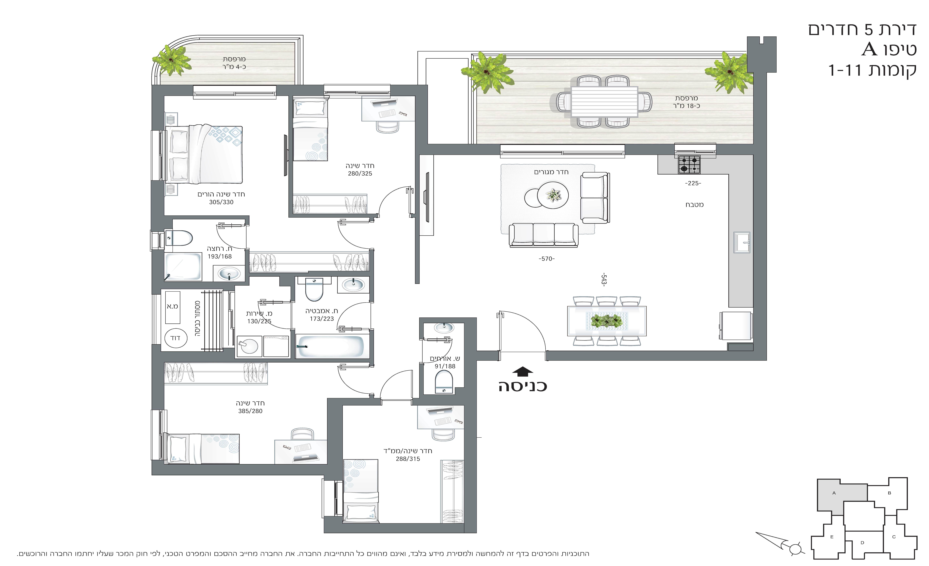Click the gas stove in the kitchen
click(x=689, y=164)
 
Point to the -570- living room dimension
click(x=547, y=259)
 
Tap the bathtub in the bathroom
click(x=330, y=346)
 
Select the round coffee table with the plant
click(x=553, y=195)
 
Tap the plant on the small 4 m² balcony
click(x=171, y=60)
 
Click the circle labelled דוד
click(x=175, y=338)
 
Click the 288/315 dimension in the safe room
click(x=408, y=459)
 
